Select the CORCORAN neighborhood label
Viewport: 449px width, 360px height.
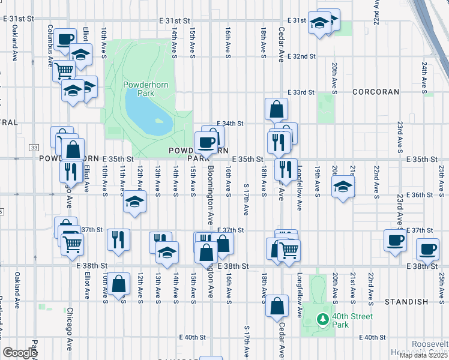click(376, 92)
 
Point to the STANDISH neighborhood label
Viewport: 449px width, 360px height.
click(406, 301)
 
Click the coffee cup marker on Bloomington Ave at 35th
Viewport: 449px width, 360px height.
click(206, 143)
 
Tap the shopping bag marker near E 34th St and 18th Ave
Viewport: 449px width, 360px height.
click(277, 109)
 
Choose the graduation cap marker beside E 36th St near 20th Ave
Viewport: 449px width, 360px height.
click(342, 187)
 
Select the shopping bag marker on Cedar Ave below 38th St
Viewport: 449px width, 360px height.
click(277, 306)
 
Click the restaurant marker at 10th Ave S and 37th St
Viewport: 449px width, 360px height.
click(118, 239)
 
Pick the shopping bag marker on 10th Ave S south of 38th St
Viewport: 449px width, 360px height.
click(119, 284)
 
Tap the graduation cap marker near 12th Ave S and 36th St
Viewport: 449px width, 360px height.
click(135, 201)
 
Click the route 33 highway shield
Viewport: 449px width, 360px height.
click(34, 148)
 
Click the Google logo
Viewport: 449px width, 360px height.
click(20, 352)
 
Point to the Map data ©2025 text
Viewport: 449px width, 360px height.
click(423, 355)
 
